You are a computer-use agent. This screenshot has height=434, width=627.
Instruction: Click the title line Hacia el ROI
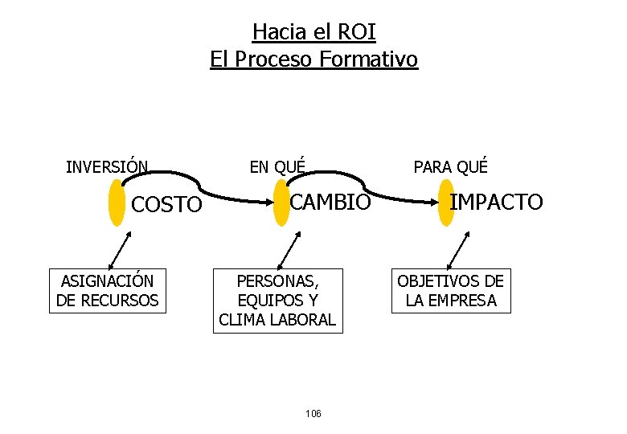click(x=313, y=31)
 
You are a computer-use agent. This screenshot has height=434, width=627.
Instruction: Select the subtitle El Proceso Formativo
click(x=313, y=59)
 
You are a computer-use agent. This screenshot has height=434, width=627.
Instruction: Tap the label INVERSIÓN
click(x=106, y=167)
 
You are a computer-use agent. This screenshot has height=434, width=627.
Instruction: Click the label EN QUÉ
click(x=277, y=167)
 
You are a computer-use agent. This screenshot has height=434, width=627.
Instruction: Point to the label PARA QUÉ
click(x=450, y=167)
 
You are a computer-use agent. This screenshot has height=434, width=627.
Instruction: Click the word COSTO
click(x=166, y=205)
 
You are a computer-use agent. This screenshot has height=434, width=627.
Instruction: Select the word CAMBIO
click(x=330, y=202)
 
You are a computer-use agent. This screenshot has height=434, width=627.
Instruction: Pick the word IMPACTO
click(x=495, y=202)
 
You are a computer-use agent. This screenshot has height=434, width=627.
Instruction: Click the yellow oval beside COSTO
click(x=117, y=204)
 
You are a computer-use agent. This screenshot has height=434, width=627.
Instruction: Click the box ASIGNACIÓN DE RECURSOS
click(x=108, y=291)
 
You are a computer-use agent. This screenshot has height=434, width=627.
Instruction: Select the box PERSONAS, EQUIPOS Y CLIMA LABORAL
click(x=277, y=300)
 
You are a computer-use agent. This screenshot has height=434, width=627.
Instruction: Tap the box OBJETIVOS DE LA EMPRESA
click(x=450, y=291)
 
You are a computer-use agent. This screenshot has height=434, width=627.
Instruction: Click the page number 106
click(x=313, y=413)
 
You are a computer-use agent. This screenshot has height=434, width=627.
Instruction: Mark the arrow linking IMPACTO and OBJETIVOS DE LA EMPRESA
click(x=456, y=249)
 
